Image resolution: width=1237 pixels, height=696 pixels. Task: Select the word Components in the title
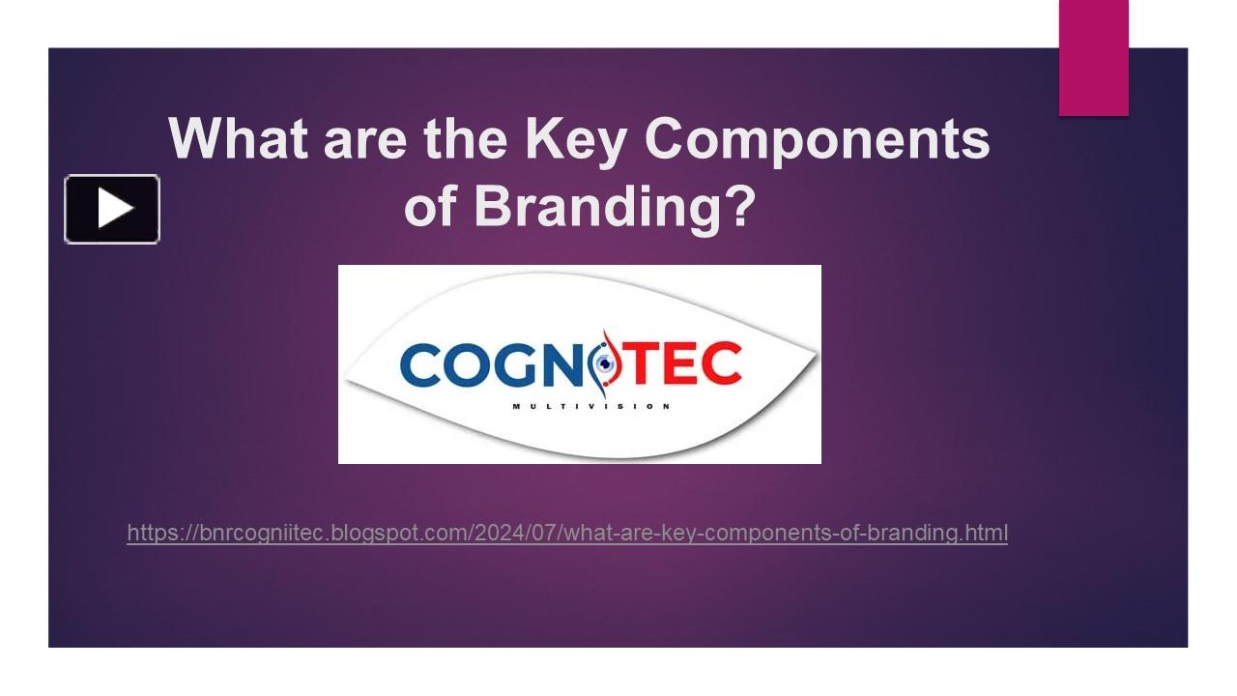tap(817, 138)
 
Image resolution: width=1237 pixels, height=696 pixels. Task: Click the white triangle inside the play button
tap(114, 209)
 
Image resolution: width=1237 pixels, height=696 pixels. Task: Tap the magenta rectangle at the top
tap(1093, 58)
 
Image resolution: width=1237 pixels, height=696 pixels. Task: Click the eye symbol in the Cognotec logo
tap(605, 363)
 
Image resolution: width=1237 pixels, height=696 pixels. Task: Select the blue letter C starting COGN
tap(419, 363)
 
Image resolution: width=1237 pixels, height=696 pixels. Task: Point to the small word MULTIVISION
tap(590, 406)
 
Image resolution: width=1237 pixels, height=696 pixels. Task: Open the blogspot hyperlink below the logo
tap(567, 533)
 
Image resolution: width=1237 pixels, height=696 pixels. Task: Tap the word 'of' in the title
tap(431, 205)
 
